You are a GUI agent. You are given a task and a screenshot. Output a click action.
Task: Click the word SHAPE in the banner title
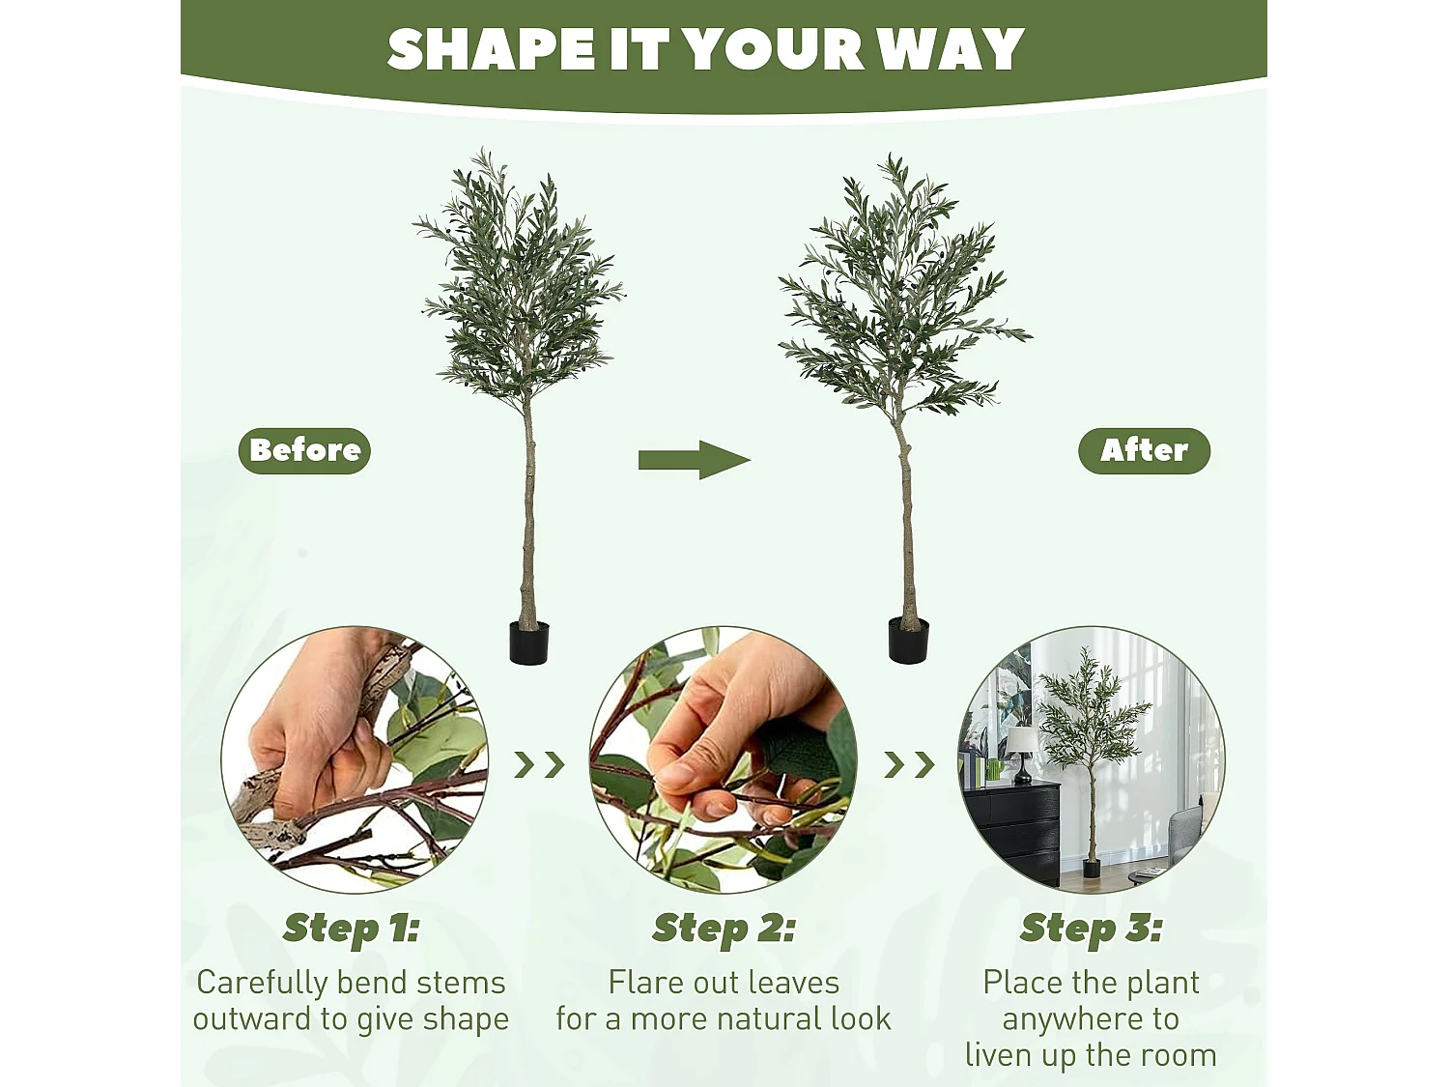[491, 49]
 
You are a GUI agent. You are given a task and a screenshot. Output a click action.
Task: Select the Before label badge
[304, 451]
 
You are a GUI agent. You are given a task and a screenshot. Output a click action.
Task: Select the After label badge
[1144, 451]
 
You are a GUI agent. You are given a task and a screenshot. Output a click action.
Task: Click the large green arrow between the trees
[694, 460]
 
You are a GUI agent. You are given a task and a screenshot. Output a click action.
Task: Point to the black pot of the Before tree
[528, 643]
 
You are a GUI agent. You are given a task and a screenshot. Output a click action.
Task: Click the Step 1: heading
[352, 929]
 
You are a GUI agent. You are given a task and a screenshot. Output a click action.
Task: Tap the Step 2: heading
[724, 929]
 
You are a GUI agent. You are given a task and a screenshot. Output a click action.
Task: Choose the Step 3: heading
[1091, 929]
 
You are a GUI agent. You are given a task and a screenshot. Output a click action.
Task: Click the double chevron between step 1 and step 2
[539, 764]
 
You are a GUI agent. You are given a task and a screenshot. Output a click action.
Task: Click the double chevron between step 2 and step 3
[909, 764]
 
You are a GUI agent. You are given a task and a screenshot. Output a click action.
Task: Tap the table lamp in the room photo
[1022, 754]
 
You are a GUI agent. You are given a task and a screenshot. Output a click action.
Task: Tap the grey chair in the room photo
[1185, 838]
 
